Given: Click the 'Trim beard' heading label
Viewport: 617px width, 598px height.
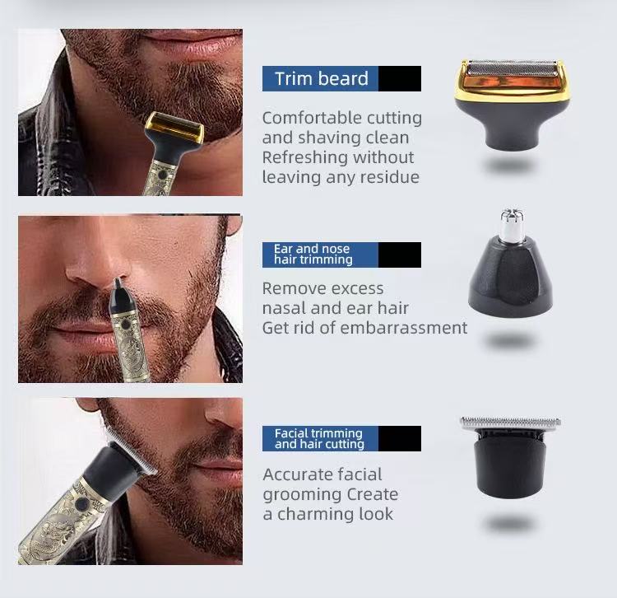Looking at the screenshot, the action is (322, 78).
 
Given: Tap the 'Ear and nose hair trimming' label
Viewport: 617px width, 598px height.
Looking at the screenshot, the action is (313, 254).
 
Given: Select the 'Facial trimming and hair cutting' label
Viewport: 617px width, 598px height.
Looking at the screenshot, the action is (319, 438).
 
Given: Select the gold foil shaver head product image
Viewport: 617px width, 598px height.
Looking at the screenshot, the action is (511, 104).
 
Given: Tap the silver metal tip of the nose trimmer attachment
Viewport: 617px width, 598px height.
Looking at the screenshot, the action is (512, 224).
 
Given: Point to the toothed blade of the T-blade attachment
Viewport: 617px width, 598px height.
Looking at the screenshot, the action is (511, 423).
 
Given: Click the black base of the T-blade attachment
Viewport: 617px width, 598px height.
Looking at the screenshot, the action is (510, 467).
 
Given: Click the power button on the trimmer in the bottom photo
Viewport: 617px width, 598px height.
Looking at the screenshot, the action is (81, 504).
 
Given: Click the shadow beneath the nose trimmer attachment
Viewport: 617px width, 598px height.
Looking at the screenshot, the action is (508, 340).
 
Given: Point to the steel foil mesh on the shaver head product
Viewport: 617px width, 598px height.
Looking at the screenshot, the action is (512, 68).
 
